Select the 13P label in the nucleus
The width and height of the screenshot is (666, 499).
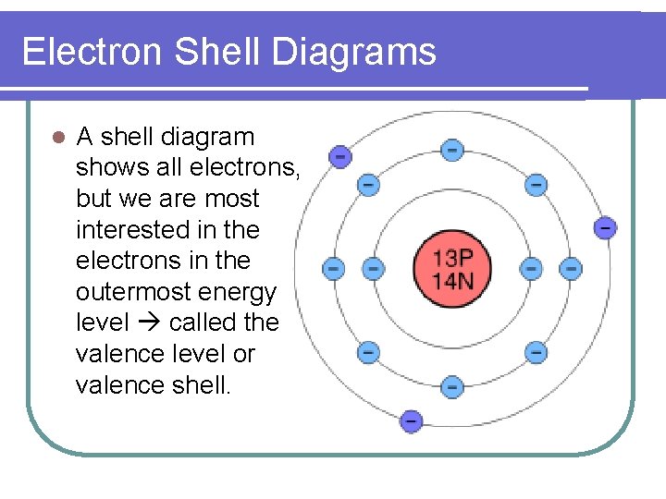452,257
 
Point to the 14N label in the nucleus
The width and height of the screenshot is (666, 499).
452,279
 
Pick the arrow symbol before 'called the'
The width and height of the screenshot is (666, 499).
143,323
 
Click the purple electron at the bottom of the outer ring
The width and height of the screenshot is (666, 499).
411,420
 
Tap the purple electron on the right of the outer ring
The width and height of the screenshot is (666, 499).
605,227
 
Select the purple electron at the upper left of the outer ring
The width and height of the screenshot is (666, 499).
340,156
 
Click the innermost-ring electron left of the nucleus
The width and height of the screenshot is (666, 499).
373,269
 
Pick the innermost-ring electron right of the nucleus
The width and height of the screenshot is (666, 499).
531,269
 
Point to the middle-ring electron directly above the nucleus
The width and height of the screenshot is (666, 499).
451,150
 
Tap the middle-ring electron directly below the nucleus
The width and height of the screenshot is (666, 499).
451,387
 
